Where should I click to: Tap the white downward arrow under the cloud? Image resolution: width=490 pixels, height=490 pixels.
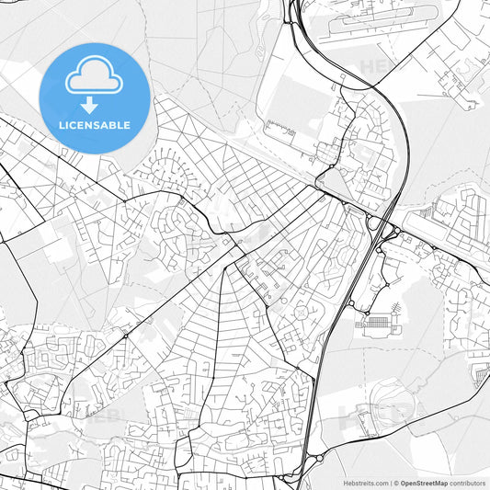point(89,105)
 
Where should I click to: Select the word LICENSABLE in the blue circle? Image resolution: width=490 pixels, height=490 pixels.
point(95,124)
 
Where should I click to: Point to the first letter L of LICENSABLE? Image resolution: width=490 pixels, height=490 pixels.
point(62,124)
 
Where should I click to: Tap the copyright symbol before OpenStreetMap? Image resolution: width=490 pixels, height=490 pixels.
point(396,483)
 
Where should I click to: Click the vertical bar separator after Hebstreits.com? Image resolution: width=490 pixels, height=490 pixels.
point(390,483)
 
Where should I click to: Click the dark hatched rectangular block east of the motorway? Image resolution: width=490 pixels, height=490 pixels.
point(377,324)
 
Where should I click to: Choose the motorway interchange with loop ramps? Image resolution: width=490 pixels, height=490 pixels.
point(378,225)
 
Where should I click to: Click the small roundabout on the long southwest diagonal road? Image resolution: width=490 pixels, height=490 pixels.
point(126,336)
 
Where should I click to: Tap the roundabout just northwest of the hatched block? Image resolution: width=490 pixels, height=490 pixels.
point(349,303)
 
